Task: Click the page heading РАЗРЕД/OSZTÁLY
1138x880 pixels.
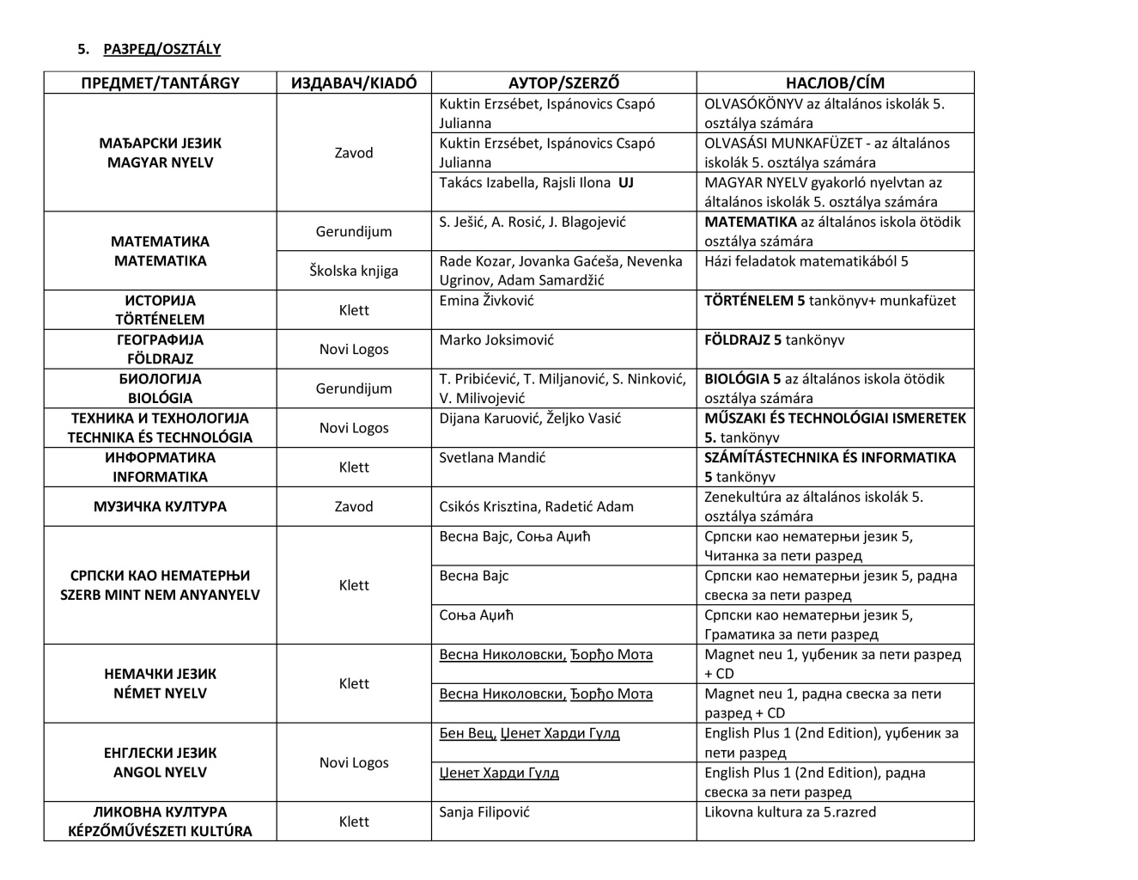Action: [161, 49]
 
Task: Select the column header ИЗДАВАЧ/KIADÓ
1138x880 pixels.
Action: [354, 82]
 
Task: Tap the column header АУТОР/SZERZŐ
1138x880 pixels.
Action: [563, 82]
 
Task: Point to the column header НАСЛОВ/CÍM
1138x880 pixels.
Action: [835, 82]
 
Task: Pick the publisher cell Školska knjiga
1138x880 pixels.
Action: [354, 271]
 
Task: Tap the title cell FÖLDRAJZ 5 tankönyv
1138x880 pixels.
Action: [774, 340]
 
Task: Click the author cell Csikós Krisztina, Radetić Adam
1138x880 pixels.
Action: [536, 507]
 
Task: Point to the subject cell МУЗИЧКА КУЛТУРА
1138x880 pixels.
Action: [161, 507]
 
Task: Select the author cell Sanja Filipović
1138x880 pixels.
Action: [484, 812]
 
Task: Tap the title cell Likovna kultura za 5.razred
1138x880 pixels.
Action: [790, 812]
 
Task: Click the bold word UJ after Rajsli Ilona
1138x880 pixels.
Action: [625, 183]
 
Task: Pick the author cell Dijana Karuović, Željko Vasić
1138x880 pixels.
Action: [530, 419]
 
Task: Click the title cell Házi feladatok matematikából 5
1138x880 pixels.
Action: [806, 261]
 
